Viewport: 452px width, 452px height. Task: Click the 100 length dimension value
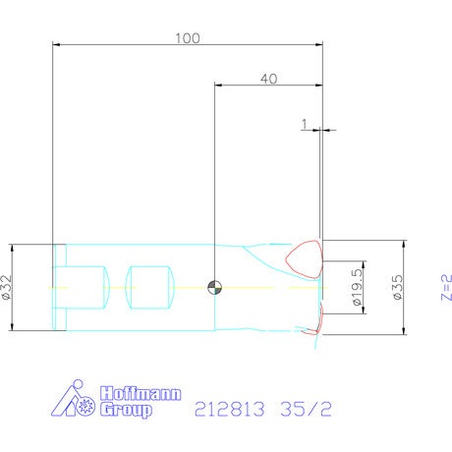[188, 38]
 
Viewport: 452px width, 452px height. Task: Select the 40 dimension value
[268, 79]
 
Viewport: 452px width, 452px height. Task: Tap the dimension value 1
[305, 124]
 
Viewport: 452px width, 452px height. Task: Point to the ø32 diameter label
[7, 287]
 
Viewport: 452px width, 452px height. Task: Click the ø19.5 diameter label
[358, 287]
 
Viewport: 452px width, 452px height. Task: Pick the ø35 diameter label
[398, 287]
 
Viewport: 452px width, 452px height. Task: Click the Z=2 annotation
[446, 287]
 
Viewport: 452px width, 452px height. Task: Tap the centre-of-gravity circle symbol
[215, 288]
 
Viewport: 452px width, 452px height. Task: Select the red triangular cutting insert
[305, 259]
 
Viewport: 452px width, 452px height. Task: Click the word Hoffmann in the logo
[141, 393]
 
